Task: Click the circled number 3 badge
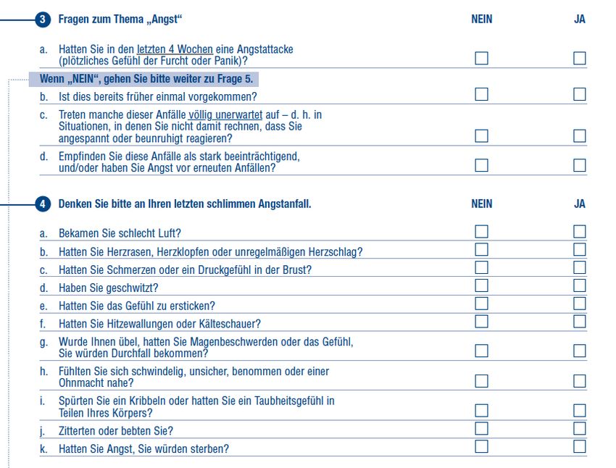[x=43, y=20]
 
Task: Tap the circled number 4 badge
[x=43, y=204]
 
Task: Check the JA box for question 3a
[x=580, y=58]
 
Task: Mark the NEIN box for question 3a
[x=481, y=58]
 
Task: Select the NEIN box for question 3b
[x=481, y=94]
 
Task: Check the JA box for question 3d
[x=580, y=165]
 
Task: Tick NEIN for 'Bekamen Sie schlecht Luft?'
[x=481, y=232]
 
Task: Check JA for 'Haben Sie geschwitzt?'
[x=580, y=286]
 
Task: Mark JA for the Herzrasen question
[x=580, y=250]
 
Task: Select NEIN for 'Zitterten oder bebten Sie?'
[x=481, y=429]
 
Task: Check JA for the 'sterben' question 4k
[x=580, y=446]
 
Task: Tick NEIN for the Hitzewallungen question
[x=481, y=322]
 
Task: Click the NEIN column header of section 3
[x=481, y=20]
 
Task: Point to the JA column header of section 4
[x=580, y=204]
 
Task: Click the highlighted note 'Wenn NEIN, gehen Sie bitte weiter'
[x=145, y=79]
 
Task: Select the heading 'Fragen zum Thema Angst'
[x=120, y=20]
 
